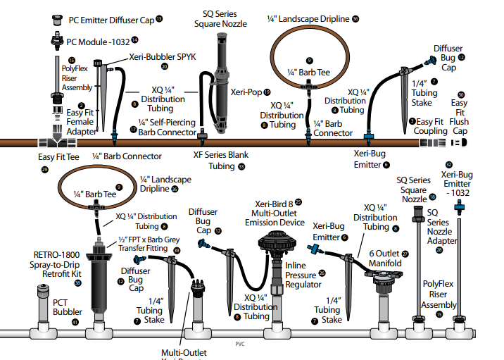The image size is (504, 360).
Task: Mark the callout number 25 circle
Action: click(298, 202)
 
